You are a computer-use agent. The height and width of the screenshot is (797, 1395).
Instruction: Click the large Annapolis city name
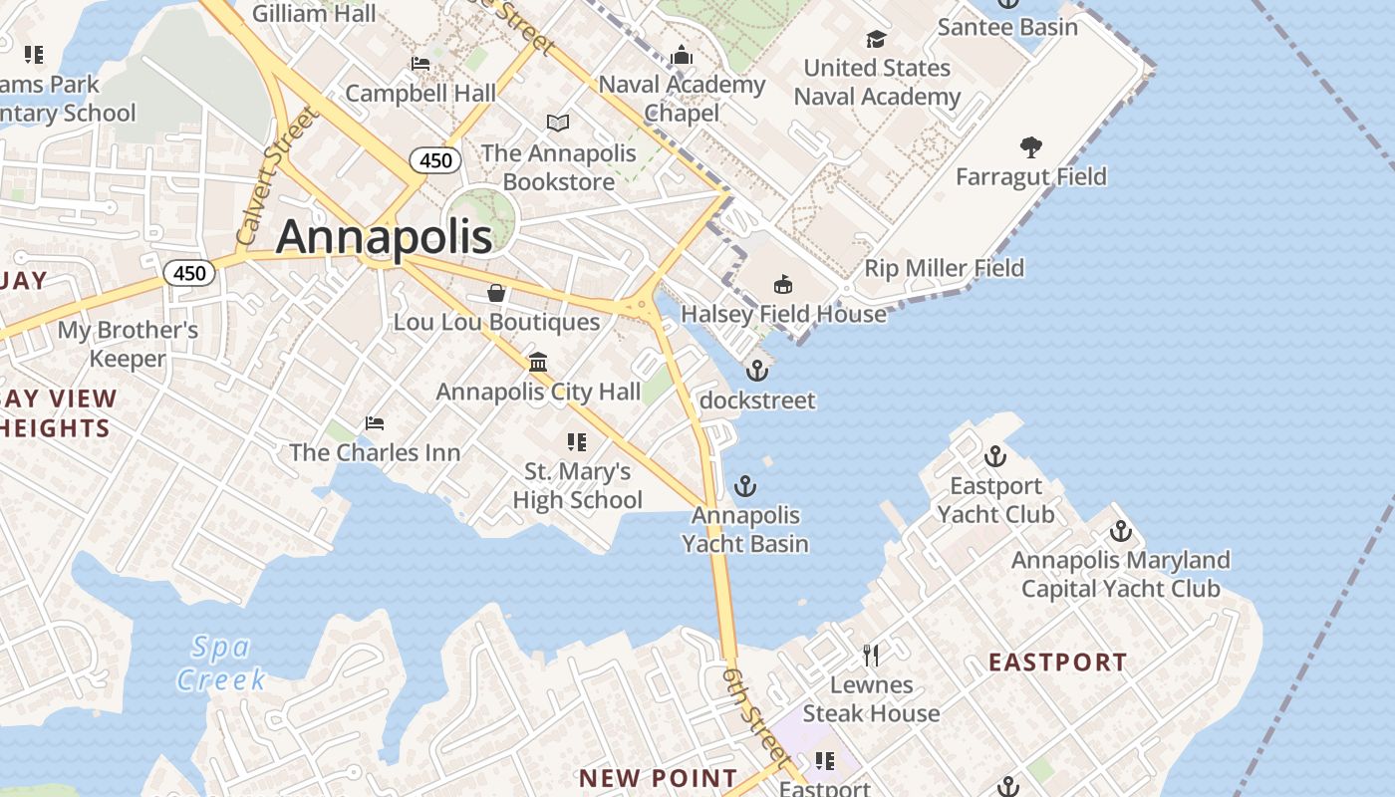point(384,237)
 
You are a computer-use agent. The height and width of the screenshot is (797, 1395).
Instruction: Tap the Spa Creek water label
point(220,664)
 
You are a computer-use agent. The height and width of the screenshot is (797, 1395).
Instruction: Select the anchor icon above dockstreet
point(757,371)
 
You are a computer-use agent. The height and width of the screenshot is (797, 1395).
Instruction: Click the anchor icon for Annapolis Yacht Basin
point(744,486)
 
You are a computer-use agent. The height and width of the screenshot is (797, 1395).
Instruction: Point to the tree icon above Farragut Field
point(1031,147)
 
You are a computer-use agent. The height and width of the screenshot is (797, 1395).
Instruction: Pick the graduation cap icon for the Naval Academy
point(876,39)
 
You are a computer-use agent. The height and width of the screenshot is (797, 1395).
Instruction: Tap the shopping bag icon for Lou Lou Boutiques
point(496,293)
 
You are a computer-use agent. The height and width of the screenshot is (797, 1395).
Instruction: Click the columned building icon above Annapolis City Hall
point(538,362)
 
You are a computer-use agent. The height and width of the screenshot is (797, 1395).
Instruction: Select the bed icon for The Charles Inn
point(375,423)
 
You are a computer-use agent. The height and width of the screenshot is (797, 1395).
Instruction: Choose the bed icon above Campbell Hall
point(420,64)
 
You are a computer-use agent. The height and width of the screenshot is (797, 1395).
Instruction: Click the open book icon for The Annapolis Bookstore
point(558,123)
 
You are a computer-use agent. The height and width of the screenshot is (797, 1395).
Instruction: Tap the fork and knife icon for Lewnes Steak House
point(871,655)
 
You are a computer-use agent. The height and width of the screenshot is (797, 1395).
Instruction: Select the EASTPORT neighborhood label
point(1057,663)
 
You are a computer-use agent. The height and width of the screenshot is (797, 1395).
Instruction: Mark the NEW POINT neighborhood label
point(659,778)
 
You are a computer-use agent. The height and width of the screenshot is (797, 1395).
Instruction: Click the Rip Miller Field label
point(944,268)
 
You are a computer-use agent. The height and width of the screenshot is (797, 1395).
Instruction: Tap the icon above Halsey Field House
point(783,285)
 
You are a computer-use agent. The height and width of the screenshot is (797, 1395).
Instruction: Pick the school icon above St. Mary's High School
point(576,441)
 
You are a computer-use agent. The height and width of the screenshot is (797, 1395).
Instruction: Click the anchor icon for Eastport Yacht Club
point(994,457)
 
